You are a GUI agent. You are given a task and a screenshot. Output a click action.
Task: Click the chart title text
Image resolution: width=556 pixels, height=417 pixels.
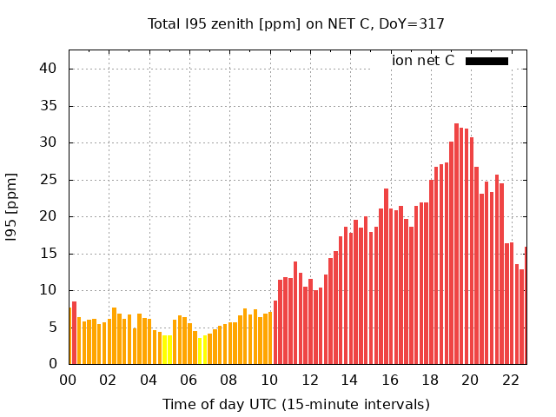coord(295,23)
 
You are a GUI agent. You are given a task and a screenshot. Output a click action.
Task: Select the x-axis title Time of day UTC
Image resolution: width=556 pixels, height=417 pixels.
coord(295,404)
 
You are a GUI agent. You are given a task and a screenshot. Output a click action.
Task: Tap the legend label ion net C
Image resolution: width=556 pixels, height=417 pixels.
coord(423,61)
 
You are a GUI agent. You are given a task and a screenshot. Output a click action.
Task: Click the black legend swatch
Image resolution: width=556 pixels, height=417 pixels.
coord(486,61)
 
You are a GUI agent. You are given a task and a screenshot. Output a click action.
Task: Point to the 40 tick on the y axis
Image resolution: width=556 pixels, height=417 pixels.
coord(50,69)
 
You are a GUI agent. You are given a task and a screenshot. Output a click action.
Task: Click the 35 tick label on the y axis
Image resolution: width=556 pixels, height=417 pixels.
coord(50,106)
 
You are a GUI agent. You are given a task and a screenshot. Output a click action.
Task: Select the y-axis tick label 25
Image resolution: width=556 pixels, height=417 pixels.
coord(50,180)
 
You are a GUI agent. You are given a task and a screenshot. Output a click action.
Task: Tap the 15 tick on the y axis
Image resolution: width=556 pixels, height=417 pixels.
coord(50,254)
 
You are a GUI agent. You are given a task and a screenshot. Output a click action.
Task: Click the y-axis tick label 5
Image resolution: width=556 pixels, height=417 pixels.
coord(53,328)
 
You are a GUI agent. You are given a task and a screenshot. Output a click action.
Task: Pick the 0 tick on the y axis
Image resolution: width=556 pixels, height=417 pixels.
coord(53,365)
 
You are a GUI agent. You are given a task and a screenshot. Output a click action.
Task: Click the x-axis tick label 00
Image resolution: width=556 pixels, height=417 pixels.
coord(69,380)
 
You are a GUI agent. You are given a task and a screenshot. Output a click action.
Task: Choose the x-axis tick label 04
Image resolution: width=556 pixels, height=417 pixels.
coord(149,380)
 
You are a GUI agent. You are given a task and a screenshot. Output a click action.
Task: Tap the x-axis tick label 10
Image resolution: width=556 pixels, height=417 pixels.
coord(269,380)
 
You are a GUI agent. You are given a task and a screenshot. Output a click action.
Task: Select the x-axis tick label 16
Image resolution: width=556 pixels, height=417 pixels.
coord(390,380)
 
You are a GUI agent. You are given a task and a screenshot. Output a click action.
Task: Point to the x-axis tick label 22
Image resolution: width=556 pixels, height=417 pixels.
coord(510,380)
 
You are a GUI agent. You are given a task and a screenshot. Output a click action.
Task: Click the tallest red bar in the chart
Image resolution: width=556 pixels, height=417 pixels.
coord(456,243)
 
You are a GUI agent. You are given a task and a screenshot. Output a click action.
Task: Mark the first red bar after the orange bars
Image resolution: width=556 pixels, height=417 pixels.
coord(275,333)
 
